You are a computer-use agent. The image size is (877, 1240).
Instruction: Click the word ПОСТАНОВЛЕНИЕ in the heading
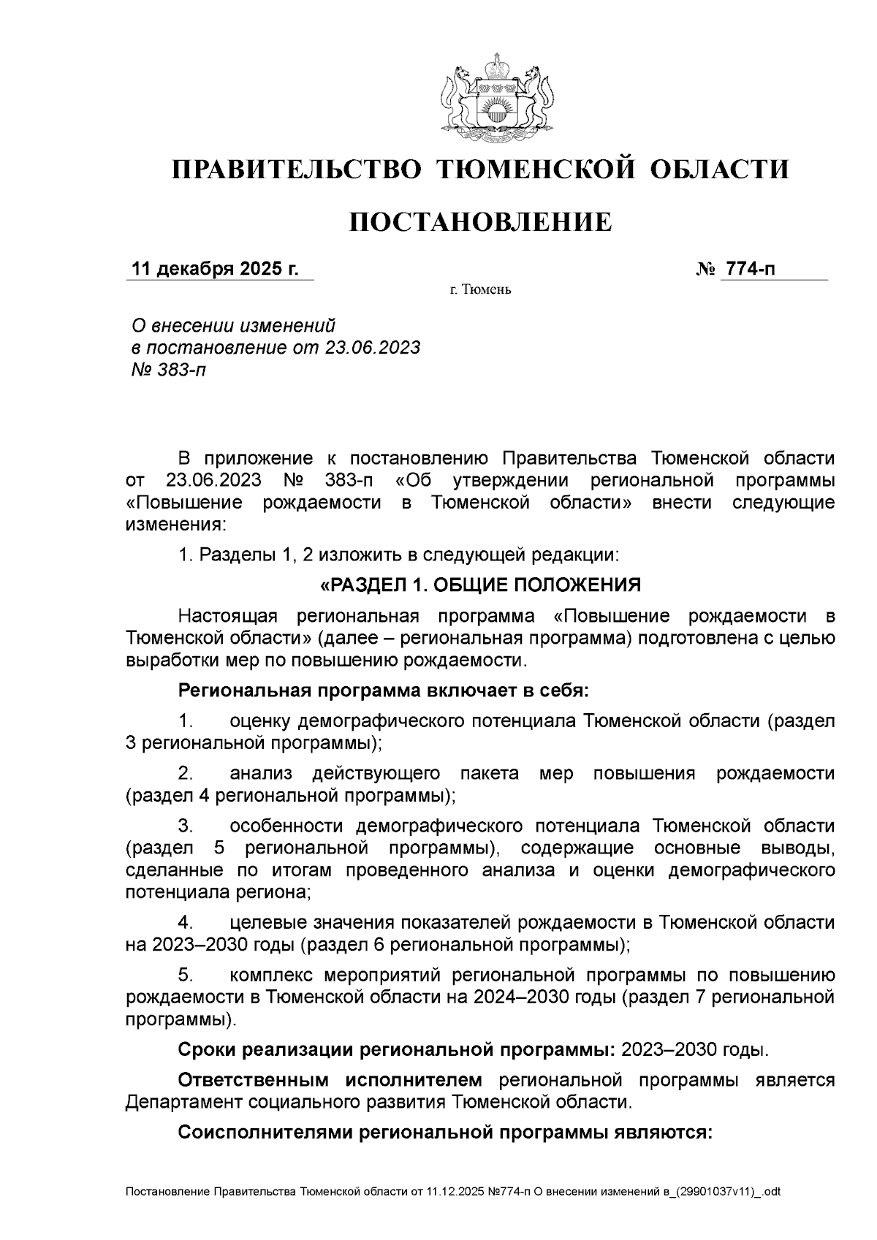tap(480, 221)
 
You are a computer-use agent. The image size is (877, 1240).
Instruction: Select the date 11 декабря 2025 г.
tap(214, 269)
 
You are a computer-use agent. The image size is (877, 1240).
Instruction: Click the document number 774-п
tap(748, 269)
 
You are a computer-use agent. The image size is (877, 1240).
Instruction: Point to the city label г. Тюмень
tap(480, 290)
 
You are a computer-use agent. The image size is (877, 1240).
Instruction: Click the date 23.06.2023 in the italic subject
tap(372, 348)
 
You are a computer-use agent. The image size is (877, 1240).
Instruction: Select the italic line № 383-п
tap(168, 370)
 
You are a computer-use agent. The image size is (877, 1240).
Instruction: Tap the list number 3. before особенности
tap(186, 826)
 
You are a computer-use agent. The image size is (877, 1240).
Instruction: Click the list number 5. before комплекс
tap(186, 975)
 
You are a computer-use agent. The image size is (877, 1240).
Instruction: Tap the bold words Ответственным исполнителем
tap(330, 1081)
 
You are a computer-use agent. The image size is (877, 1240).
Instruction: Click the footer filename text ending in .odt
tap(453, 1192)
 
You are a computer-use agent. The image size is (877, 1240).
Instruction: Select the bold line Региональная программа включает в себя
tap(383, 691)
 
